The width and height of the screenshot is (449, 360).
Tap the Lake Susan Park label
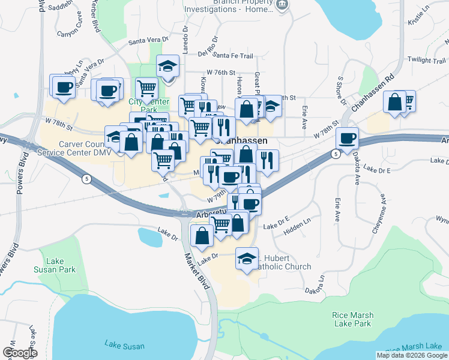click(x=63, y=265)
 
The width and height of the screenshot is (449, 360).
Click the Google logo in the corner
click(x=20, y=353)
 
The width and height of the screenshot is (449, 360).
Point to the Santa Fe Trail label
click(x=233, y=56)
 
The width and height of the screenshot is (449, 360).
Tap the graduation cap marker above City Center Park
click(x=168, y=66)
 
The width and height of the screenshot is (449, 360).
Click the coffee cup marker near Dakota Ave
click(x=347, y=139)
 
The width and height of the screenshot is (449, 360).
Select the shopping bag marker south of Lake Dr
click(x=202, y=235)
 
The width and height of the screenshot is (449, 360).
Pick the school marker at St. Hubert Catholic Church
click(x=247, y=259)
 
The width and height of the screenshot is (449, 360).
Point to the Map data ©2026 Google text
click(x=412, y=355)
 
